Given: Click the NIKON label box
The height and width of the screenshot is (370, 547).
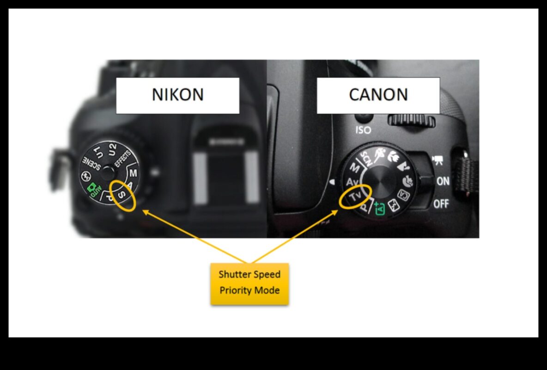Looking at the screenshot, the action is [x=177, y=95].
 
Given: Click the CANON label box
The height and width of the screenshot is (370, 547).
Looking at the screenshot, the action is [x=378, y=95].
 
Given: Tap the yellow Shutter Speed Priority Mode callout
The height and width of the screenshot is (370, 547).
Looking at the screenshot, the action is [x=249, y=284].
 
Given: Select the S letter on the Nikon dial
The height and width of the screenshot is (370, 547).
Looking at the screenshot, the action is [x=122, y=194].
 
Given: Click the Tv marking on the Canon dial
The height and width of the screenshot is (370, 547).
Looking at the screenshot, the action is [x=355, y=197].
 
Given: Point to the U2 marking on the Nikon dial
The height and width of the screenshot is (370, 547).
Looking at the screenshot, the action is [x=112, y=149].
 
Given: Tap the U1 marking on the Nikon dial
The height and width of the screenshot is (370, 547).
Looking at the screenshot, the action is [x=98, y=152].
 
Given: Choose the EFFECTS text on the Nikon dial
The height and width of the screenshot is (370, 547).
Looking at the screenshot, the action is [x=123, y=159].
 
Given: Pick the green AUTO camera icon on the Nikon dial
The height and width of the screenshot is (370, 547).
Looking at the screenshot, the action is [x=93, y=190].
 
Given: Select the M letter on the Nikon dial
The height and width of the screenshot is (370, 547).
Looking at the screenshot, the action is [x=133, y=173].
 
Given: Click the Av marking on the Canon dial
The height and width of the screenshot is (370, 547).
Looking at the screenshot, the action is [x=353, y=182].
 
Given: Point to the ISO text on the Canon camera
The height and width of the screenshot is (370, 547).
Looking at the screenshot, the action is [x=363, y=130].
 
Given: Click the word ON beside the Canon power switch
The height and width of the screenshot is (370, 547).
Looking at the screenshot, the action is [x=443, y=181].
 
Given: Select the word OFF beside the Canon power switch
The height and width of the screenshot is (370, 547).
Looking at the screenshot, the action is [x=441, y=203].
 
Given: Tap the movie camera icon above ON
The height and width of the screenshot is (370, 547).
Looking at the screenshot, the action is [x=438, y=160].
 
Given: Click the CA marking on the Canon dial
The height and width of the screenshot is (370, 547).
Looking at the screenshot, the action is [x=404, y=195].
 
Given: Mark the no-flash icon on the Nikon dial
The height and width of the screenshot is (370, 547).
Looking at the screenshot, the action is [x=85, y=176].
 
